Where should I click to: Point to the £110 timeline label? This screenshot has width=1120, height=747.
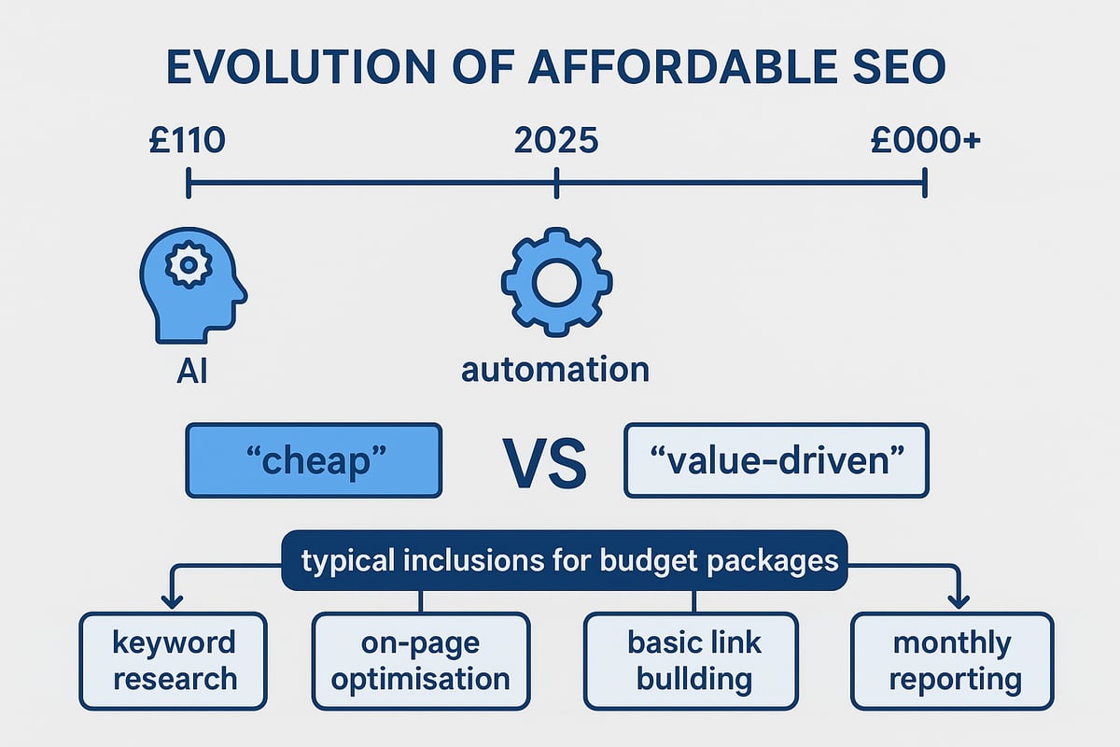187,141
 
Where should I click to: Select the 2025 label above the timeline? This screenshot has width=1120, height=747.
556,141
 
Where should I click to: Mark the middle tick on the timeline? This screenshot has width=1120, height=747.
556,183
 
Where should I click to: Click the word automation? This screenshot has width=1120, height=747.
555,370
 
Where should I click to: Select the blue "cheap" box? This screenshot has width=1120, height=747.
314,459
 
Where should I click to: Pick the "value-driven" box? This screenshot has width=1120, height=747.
776,459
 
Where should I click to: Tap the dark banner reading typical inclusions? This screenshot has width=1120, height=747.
564,561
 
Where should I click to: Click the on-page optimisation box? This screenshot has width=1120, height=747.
421,659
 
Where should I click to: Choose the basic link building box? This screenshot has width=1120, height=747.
691,659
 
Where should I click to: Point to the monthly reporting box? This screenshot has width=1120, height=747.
951,659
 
